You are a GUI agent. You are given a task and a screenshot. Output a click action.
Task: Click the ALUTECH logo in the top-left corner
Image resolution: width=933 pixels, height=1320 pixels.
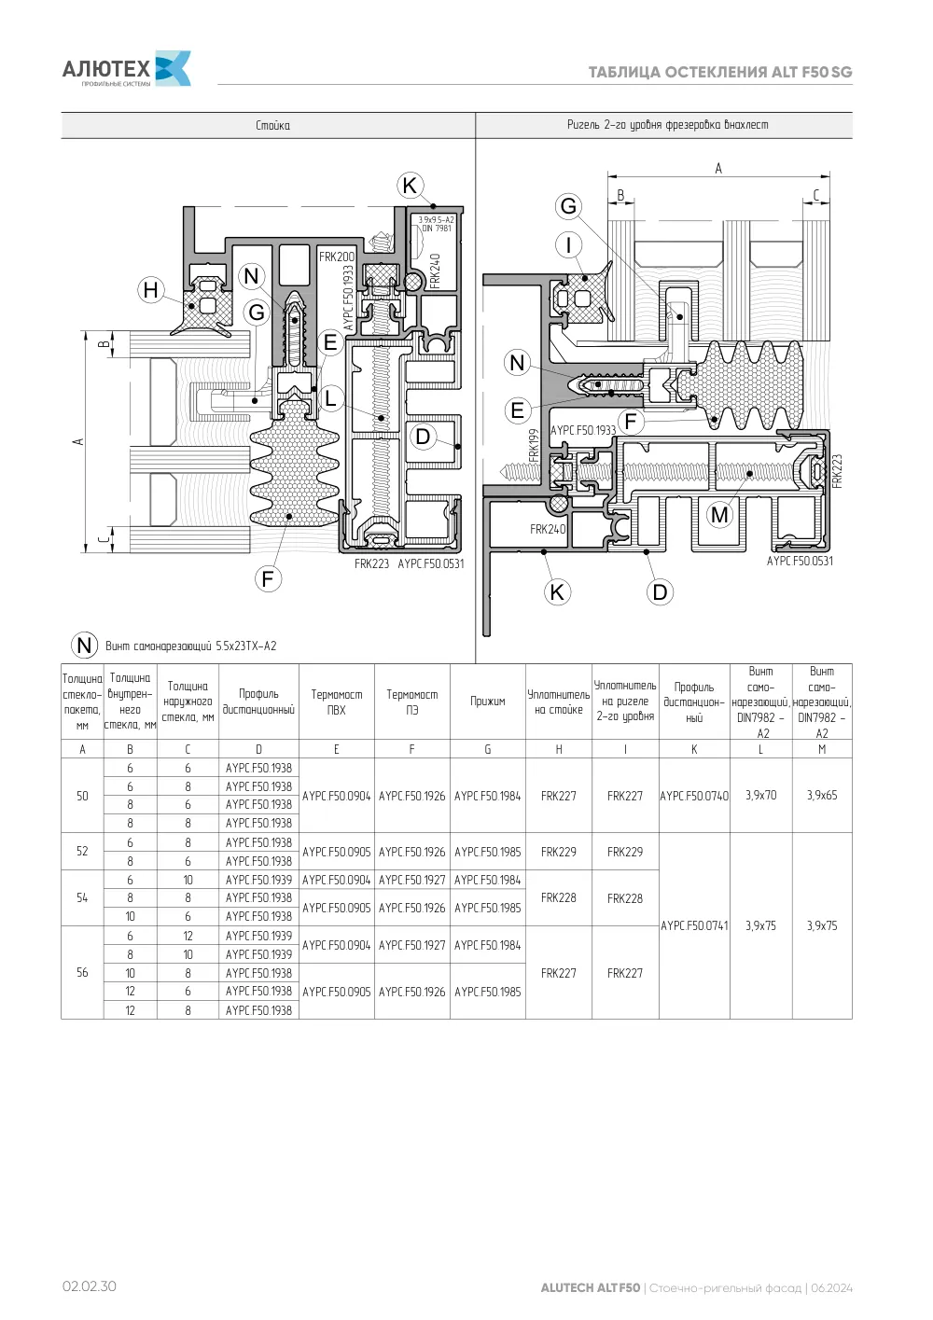[127, 69]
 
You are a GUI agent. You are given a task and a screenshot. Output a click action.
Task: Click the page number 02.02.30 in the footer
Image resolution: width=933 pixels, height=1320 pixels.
[90, 1285]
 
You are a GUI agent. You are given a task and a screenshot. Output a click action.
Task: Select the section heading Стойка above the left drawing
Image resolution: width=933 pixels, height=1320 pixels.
[272, 126]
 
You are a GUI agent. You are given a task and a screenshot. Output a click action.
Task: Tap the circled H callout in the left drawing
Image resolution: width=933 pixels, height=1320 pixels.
[151, 290]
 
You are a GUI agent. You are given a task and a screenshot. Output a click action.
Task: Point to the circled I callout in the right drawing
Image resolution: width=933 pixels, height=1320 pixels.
[569, 244]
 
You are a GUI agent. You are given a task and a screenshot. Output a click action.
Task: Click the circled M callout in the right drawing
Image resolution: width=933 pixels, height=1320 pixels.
[719, 515]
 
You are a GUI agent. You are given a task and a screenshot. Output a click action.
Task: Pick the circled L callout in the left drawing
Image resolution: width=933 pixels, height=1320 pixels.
[330, 397]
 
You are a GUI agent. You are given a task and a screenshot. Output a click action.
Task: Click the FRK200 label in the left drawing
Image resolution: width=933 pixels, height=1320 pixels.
[337, 257]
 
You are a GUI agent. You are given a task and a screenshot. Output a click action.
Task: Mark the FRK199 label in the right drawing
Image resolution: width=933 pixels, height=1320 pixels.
[534, 446]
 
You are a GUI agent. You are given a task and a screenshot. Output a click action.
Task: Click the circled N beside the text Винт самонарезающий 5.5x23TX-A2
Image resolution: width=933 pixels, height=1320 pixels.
[84, 646]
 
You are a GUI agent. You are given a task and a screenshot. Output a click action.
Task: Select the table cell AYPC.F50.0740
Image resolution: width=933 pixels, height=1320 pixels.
[694, 796]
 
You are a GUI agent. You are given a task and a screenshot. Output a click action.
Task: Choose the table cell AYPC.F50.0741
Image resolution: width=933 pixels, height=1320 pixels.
[694, 925]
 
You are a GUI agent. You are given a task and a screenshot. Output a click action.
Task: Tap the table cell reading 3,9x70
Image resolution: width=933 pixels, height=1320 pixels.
[760, 795]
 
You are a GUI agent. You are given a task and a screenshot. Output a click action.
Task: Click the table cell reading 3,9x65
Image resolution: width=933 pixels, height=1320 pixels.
[822, 795]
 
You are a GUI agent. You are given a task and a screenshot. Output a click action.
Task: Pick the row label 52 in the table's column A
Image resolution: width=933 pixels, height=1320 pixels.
[82, 851]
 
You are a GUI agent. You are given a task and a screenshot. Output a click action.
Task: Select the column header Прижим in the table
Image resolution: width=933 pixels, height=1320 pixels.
[487, 702]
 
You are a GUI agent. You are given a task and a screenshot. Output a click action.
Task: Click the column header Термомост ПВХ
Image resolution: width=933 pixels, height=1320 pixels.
[336, 702]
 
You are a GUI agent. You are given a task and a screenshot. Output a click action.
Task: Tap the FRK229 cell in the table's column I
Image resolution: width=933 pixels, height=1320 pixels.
[625, 852]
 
